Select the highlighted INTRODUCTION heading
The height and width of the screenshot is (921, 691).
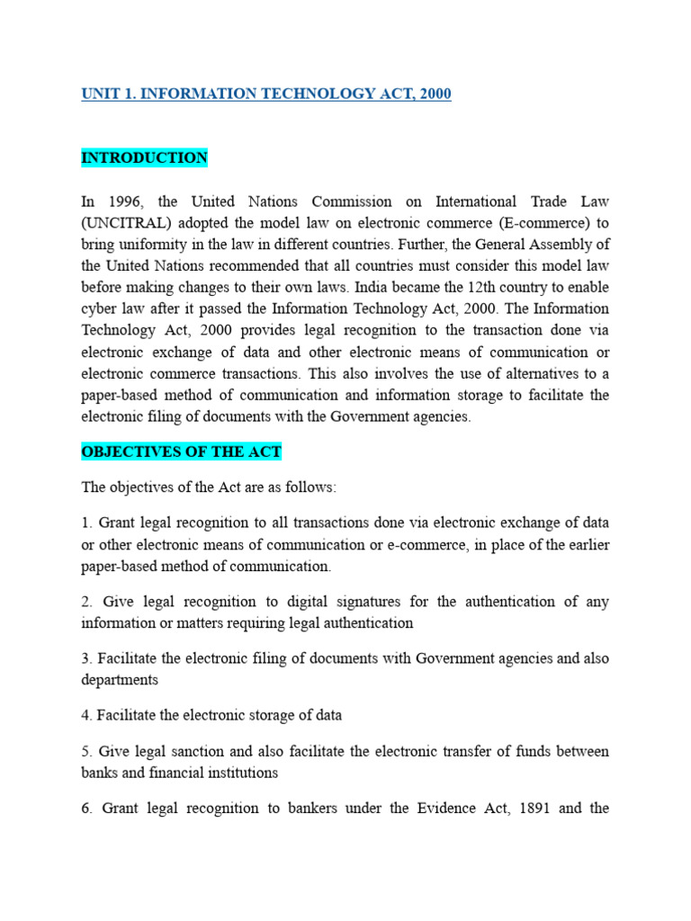tap(144, 158)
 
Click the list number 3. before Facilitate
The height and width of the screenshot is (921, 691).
tap(86, 658)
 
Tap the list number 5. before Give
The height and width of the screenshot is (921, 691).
tap(86, 752)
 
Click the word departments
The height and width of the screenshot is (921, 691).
tap(120, 680)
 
